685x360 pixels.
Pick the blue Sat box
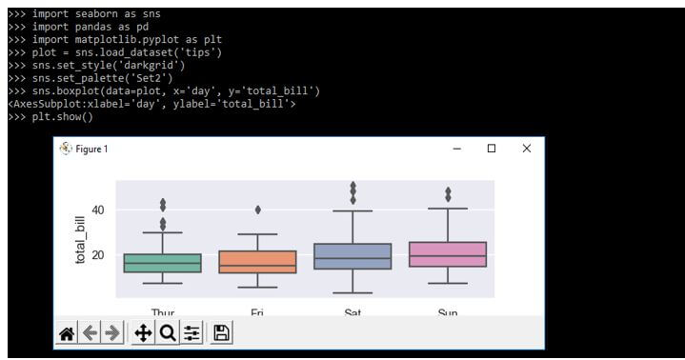coord(352,256)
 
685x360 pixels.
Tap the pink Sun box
coord(448,254)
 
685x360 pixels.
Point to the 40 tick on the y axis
coord(98,210)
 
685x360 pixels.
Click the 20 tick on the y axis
coord(98,255)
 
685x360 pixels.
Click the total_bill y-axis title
coord(81,239)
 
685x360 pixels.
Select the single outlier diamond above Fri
coord(257,210)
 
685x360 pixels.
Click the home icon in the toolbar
coord(67,332)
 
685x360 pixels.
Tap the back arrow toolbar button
coord(90,332)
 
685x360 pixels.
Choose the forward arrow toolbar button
coord(112,332)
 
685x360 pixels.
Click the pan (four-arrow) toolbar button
coord(143,332)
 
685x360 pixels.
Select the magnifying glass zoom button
coord(167,332)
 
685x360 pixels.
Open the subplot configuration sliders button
coord(191,332)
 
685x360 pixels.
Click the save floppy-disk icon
coord(222,332)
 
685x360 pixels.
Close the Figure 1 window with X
coord(527,149)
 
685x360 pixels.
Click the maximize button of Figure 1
coord(492,149)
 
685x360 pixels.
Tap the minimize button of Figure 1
coord(457,149)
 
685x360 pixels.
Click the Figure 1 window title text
coord(91,150)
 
